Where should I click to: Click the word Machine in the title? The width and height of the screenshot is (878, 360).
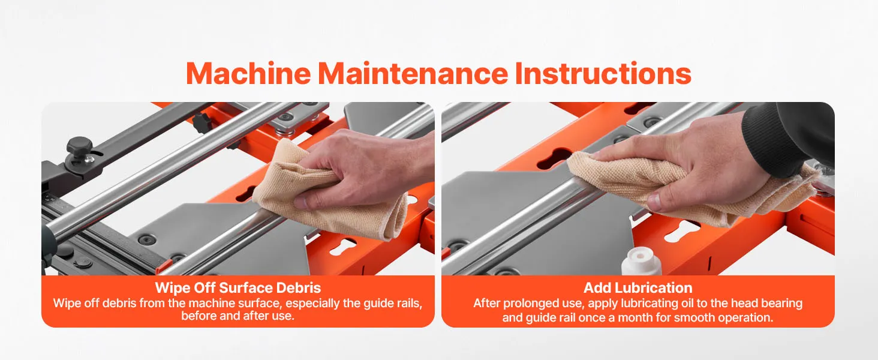pos(248,73)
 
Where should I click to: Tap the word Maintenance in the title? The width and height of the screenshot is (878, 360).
pos(413,73)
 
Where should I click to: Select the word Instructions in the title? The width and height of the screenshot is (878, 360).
pos(603,73)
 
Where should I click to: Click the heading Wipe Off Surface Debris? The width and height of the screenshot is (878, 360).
pos(238,288)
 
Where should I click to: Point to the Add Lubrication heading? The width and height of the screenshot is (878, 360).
pos(638,288)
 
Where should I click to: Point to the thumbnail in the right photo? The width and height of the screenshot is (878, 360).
pos(654,201)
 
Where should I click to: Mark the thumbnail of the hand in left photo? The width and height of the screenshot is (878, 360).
pos(299,202)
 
